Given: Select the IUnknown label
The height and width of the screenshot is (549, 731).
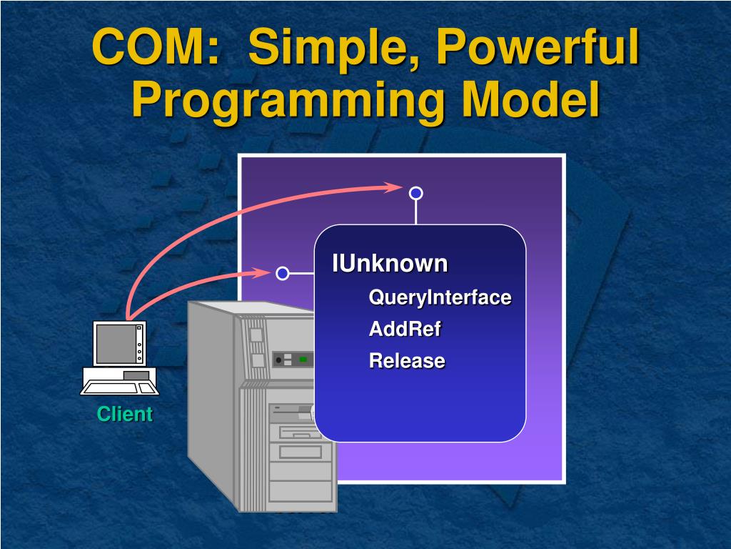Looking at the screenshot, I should [x=390, y=264].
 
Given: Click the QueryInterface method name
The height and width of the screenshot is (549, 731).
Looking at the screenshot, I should [x=440, y=297].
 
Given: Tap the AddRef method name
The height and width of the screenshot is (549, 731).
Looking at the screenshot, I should [x=405, y=330].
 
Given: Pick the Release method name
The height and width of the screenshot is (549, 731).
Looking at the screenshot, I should [x=407, y=361].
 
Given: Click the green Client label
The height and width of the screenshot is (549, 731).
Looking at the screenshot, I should [x=125, y=414].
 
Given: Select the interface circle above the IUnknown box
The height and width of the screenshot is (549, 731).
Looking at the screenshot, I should [x=415, y=193].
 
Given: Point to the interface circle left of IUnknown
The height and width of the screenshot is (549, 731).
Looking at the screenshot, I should [x=283, y=273].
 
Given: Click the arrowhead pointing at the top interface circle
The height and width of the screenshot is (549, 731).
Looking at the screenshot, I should [x=393, y=187].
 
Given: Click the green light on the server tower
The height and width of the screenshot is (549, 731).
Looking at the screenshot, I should [x=303, y=359].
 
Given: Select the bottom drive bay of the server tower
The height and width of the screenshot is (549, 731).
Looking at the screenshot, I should [x=301, y=490].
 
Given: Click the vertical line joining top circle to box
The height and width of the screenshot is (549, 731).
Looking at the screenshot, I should [x=415, y=212].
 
